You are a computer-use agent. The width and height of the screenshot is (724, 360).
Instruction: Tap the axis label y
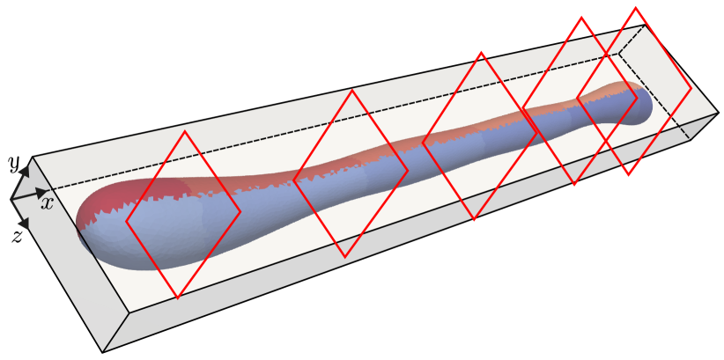pyautogui.click(x=15, y=165)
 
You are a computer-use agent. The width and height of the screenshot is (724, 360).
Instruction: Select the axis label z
pyautogui.click(x=17, y=237)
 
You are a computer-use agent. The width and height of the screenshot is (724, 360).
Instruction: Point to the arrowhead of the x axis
pyautogui.click(x=41, y=192)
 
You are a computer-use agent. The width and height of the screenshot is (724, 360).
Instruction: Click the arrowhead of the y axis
pyautogui.click(x=25, y=172)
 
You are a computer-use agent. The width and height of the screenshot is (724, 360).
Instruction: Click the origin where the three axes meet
pyautogui.click(x=11, y=200)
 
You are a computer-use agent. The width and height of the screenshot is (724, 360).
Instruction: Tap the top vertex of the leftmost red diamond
pyautogui.click(x=185, y=131)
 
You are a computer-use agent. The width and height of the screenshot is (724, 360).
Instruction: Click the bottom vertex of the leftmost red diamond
pyautogui.click(x=177, y=298)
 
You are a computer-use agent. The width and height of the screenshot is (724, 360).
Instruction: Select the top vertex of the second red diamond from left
pyautogui.click(x=352, y=90)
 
